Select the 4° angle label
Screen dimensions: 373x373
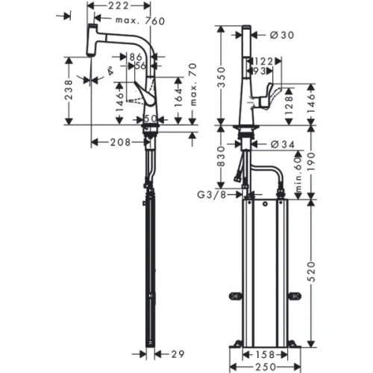110,72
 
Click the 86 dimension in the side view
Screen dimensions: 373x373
137,56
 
